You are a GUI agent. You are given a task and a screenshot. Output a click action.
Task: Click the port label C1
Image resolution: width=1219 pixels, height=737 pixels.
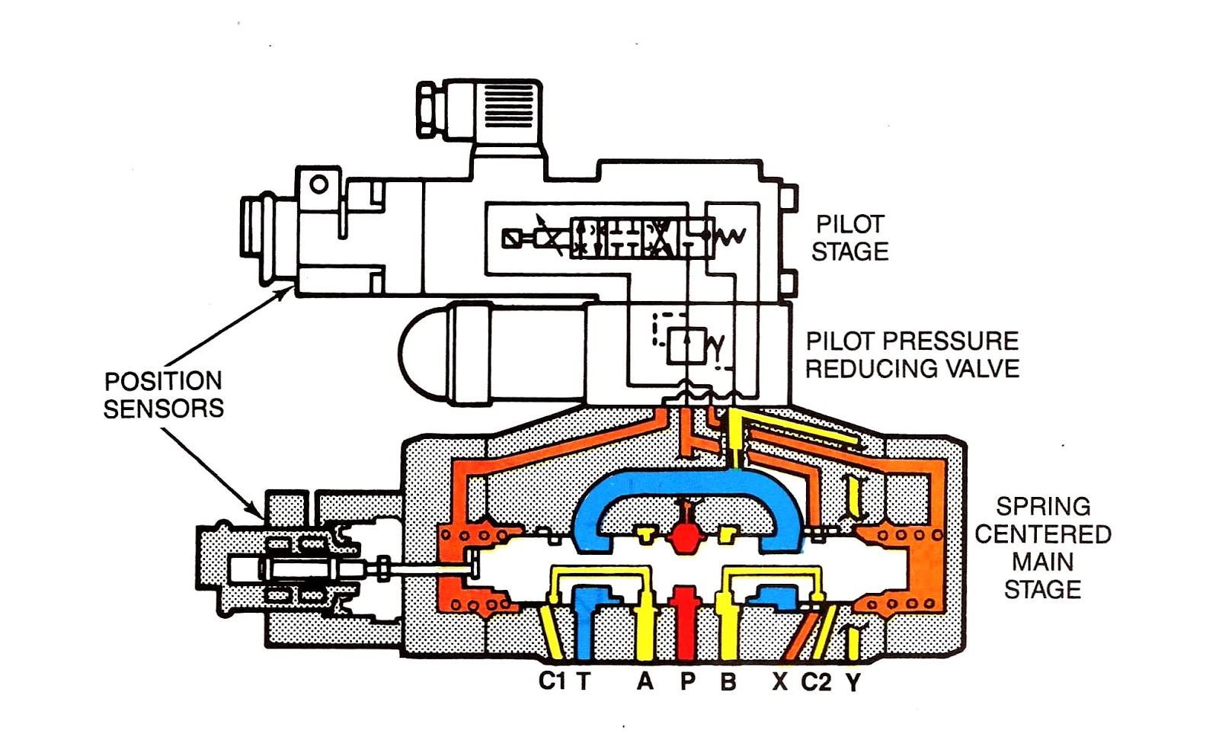pos(552,681)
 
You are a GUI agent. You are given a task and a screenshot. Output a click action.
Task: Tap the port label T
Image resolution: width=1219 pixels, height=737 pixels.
pos(584,681)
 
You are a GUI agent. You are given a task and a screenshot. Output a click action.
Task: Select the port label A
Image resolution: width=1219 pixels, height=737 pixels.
pos(645,681)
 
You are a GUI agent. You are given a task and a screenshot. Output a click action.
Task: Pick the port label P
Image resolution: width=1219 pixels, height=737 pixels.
pos(687,681)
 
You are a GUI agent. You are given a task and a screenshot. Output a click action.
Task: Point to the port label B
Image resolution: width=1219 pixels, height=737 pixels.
pos(728,681)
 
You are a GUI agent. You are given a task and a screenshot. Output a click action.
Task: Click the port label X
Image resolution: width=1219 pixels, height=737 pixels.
pos(779,681)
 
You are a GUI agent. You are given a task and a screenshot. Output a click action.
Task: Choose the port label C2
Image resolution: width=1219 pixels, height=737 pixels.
pos(816,681)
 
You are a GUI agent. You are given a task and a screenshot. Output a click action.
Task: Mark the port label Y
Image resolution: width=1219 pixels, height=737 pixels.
pos(853,681)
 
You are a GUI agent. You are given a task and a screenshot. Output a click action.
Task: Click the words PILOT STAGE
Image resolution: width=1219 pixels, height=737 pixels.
pos(849,238)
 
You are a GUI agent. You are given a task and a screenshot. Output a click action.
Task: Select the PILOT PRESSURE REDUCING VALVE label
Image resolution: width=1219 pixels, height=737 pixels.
pos(912,354)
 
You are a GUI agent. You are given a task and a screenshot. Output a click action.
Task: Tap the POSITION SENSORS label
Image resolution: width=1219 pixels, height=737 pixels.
pos(164,395)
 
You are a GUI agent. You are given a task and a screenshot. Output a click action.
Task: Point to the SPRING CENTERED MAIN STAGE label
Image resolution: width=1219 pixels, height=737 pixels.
pos(1042,547)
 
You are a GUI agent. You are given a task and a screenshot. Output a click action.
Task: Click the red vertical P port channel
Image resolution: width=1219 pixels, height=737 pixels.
pos(687,625)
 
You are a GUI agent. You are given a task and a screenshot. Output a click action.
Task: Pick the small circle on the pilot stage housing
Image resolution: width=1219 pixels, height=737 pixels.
pos(319,184)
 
